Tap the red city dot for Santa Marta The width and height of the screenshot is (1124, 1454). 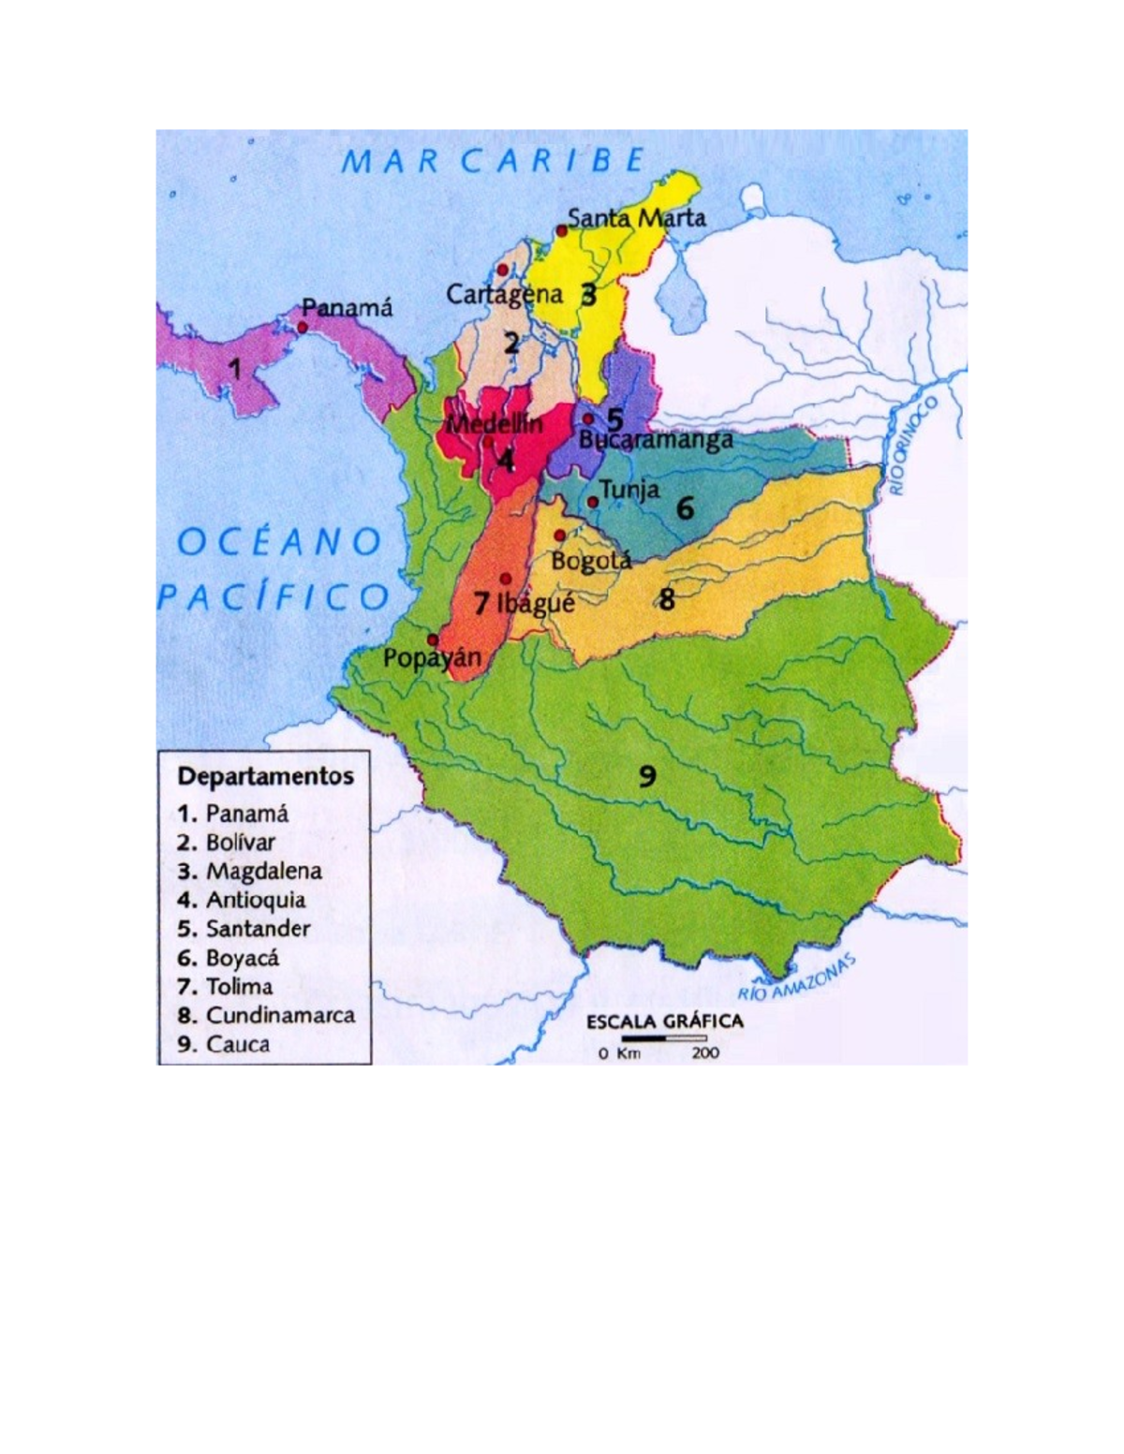tap(561, 229)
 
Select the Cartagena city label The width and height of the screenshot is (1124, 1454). tap(504, 294)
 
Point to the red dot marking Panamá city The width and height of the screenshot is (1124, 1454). tap(303, 327)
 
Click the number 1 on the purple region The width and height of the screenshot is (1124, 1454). tap(235, 369)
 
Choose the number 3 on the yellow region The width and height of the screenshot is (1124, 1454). tap(588, 295)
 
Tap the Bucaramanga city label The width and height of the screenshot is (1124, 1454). tap(656, 440)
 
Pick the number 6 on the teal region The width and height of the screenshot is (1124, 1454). tap(686, 508)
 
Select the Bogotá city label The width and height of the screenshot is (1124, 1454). tap(591, 561)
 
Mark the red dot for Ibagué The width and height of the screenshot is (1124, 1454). tap(507, 578)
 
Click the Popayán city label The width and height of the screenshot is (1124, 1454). tap(432, 657)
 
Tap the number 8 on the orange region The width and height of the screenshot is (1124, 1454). tap(666, 599)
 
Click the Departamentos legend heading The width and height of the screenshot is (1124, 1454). tap(266, 776)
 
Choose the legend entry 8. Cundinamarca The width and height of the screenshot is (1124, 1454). tap(267, 1015)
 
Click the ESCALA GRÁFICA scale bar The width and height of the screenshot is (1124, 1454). tap(665, 1038)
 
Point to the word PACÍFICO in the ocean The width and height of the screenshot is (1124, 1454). tap(273, 596)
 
